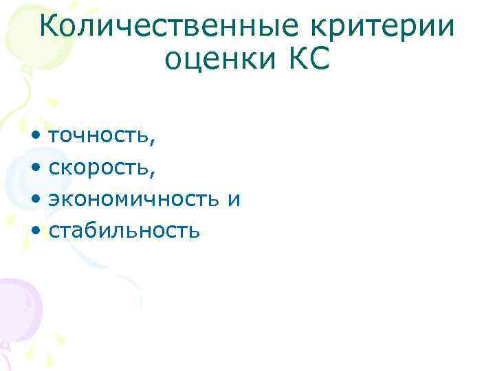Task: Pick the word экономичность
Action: [x=132, y=199]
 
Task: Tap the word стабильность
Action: [x=124, y=231]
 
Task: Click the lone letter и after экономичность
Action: [x=234, y=199]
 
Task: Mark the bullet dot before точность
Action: [x=35, y=136]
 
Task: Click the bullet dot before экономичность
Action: [x=35, y=199]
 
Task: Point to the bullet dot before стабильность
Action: [x=35, y=231]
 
